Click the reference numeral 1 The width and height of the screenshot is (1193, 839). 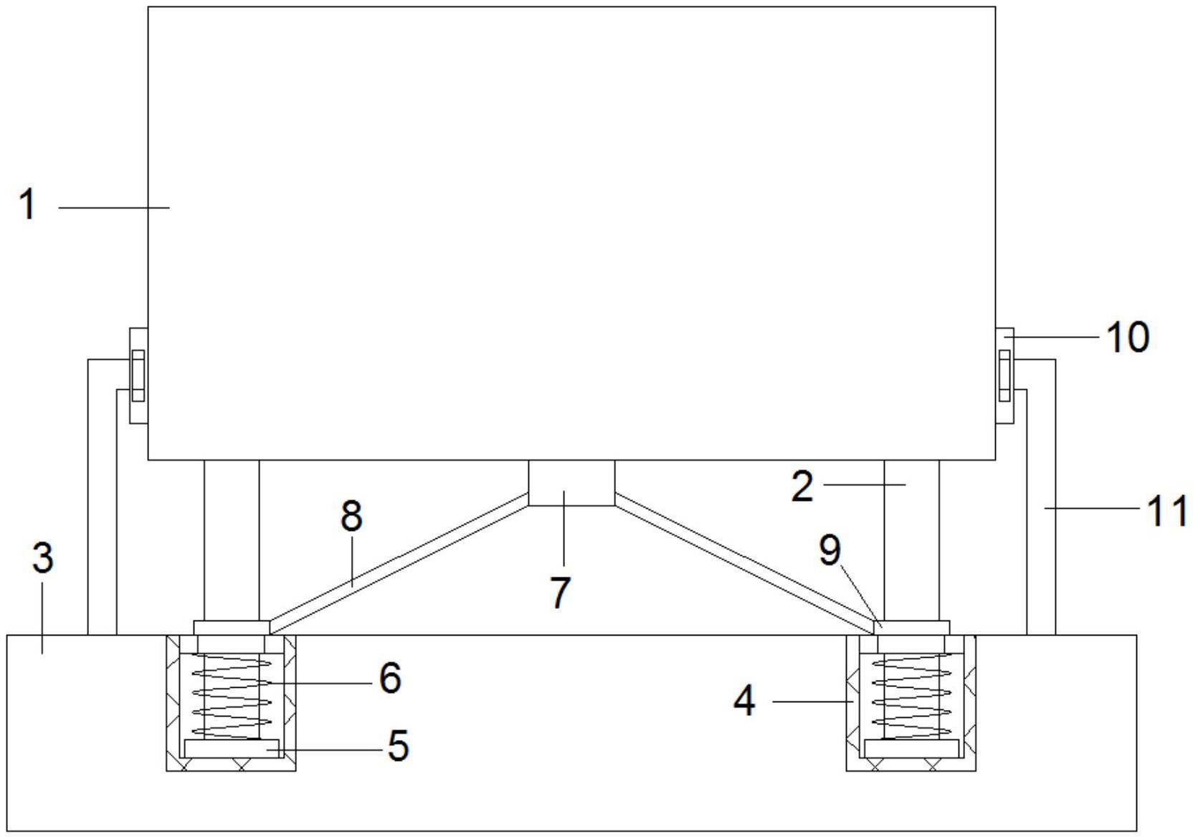click(27, 205)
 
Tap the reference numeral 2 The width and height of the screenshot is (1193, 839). click(803, 486)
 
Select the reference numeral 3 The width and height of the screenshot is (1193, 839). click(43, 557)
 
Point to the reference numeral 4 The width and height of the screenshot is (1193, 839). click(745, 700)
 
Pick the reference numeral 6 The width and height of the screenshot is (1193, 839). click(390, 678)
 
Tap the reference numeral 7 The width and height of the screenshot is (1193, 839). click(560, 592)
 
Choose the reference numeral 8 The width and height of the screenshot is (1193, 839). click(351, 515)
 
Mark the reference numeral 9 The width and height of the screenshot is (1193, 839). click(830, 550)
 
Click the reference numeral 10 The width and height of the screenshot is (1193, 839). click(1128, 337)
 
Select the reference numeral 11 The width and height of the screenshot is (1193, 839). click(1168, 512)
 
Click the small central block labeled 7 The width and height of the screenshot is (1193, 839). click(571, 483)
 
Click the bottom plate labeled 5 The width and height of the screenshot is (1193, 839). click(231, 748)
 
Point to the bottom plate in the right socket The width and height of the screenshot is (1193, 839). click(911, 749)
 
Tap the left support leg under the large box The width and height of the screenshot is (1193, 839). click(232, 540)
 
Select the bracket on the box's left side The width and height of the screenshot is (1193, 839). click(138, 375)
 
